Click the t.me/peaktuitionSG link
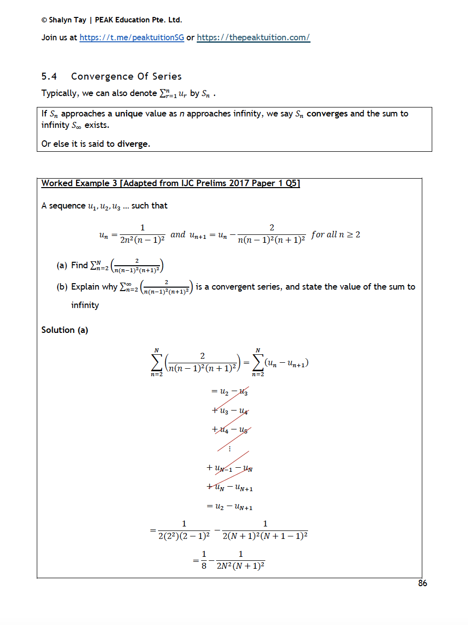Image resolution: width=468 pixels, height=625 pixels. (x=132, y=37)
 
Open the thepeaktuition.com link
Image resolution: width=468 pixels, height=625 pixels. (x=253, y=37)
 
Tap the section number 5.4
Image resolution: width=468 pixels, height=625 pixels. (x=49, y=76)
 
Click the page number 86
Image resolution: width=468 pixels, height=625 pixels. (x=422, y=583)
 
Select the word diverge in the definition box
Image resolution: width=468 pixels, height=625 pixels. (x=133, y=144)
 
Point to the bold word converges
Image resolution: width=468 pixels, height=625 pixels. (x=327, y=113)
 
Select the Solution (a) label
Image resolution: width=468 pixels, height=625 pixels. (x=65, y=330)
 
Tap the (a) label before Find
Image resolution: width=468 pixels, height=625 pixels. (x=62, y=265)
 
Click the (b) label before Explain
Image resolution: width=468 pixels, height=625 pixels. (x=62, y=287)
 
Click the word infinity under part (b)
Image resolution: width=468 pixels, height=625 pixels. (x=85, y=305)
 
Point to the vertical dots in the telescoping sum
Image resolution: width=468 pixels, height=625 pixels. (x=230, y=448)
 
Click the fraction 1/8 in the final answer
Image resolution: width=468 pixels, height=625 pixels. (x=204, y=560)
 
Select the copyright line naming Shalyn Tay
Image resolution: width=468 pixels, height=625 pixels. (x=112, y=20)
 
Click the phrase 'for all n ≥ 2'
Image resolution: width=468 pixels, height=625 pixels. (x=336, y=234)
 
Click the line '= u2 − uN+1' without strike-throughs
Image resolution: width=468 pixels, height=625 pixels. (x=230, y=507)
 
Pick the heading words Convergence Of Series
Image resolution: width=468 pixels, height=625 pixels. (x=126, y=76)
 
